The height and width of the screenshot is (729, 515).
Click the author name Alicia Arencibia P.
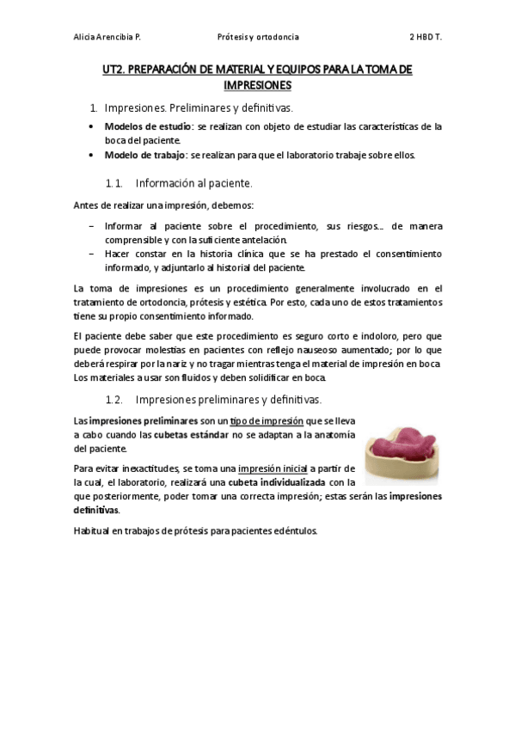[x=107, y=38]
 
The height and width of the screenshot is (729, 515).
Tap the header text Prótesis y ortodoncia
[x=258, y=38]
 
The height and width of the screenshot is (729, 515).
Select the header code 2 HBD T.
[x=426, y=38]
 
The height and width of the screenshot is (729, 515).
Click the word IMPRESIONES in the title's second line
[x=257, y=85]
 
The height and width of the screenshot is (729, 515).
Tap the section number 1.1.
[x=114, y=183]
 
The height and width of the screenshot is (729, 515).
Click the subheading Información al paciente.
[x=193, y=183]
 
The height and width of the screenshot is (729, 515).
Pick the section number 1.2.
[x=114, y=400]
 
